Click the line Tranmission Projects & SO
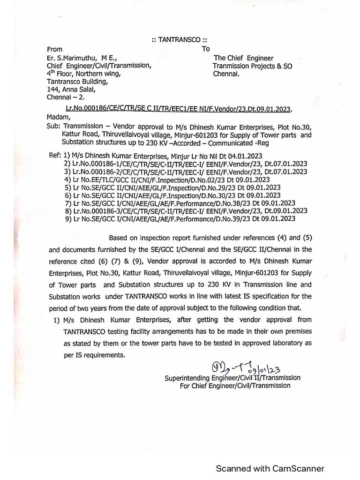point(252,66)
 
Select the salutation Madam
point(59,117)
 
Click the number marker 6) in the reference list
point(67,195)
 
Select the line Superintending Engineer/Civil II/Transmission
point(232,377)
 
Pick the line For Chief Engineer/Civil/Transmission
point(235,385)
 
